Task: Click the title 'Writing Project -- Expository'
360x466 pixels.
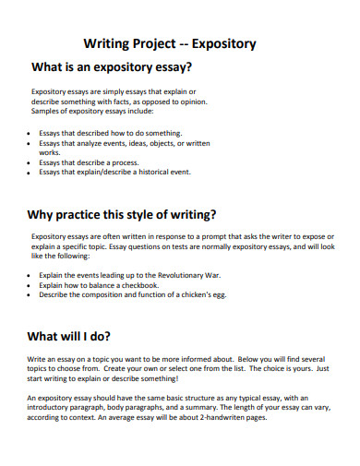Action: pos(170,43)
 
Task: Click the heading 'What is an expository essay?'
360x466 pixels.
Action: pos(112,66)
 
